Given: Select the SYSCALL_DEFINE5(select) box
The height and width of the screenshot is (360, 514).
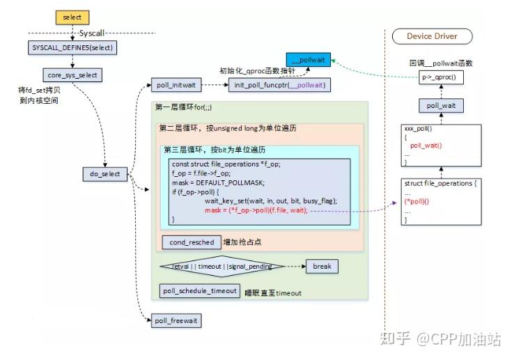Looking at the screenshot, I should point(73,48).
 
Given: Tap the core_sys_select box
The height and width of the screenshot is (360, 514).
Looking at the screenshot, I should point(73,74).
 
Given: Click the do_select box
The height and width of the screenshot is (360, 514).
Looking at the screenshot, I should point(105,173).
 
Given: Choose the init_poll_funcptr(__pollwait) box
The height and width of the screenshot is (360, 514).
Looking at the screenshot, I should point(278,85).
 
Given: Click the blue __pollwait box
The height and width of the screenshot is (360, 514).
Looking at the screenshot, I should point(309,61).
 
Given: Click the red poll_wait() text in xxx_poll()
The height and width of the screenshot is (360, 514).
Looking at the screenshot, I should point(426,146).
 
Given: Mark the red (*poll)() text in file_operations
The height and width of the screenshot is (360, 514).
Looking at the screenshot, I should point(417,202).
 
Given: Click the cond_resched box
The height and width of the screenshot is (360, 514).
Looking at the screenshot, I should point(190,242).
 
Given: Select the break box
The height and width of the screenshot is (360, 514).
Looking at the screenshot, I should point(322,267).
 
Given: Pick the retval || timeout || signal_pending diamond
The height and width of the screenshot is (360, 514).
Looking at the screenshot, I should point(221,267).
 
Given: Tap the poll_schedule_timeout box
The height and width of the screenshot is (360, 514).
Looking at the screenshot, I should point(200,291).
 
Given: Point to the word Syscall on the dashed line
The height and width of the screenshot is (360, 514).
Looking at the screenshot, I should point(91,33).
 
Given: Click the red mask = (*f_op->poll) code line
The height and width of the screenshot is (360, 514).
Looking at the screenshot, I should point(256,210).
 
